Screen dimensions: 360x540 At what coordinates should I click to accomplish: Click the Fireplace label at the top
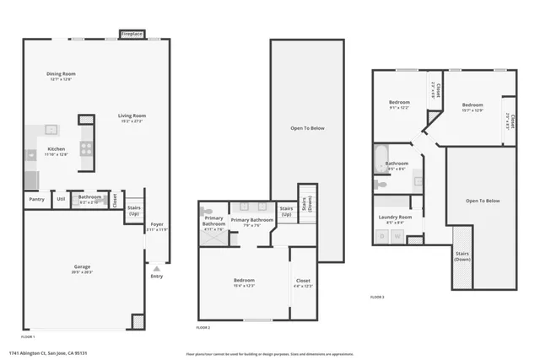132,35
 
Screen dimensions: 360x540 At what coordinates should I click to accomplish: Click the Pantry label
35,200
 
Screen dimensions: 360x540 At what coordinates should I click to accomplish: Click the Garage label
82,267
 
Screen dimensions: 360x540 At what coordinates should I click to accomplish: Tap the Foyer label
157,224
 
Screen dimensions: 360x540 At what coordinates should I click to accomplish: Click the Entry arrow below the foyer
156,269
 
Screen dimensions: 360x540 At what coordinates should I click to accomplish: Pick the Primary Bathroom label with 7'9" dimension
251,220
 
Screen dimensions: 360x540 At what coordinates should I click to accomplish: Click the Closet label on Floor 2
303,281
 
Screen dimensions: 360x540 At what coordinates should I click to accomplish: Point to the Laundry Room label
395,217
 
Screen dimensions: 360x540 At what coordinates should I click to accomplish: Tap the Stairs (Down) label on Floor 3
462,255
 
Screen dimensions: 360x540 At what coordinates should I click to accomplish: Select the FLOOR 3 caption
377,297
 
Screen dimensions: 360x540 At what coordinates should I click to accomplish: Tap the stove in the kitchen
85,148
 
